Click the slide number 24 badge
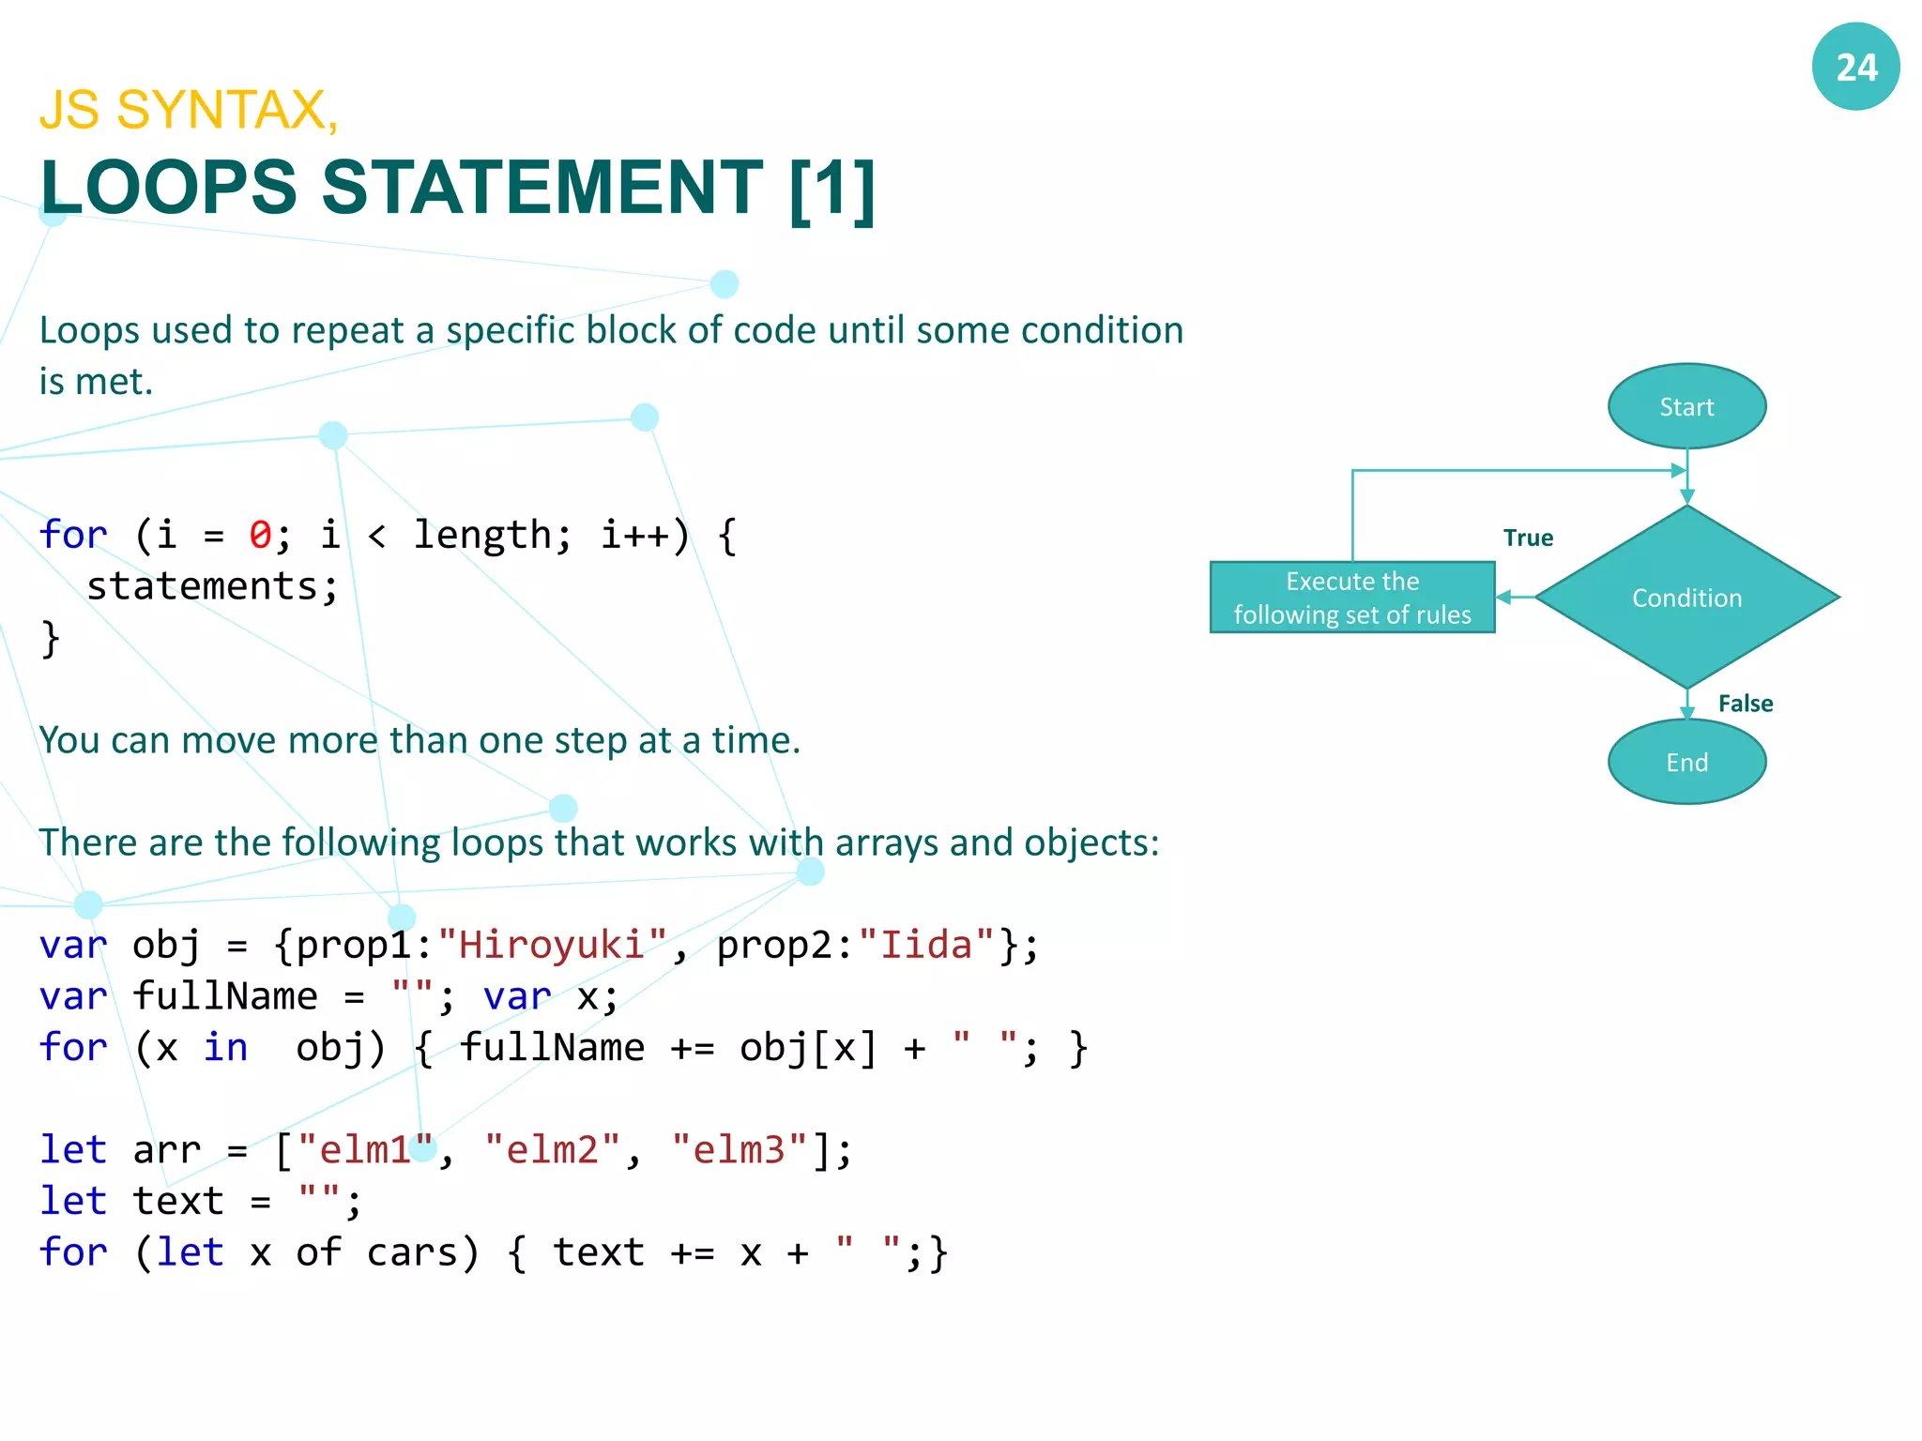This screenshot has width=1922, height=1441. tap(1855, 67)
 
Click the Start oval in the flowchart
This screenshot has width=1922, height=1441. tap(1686, 406)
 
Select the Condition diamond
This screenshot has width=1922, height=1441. tap(1686, 598)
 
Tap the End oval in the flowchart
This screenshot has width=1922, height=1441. tap(1686, 762)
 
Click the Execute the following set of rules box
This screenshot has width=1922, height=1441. tap(1351, 598)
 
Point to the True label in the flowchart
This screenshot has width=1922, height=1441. tap(1528, 538)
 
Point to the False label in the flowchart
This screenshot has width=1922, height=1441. tap(1745, 704)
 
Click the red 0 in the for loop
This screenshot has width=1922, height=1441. tap(260, 535)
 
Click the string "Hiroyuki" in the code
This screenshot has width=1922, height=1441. tap(552, 945)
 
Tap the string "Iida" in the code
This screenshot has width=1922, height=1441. tap(925, 945)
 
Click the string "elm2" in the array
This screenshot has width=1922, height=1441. tap(552, 1149)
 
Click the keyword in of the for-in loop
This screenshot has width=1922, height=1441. tap(225, 1047)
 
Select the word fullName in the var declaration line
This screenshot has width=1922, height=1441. tap(225, 996)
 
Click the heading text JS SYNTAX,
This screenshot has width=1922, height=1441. tap(189, 110)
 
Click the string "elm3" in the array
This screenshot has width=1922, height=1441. tap(739, 1149)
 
